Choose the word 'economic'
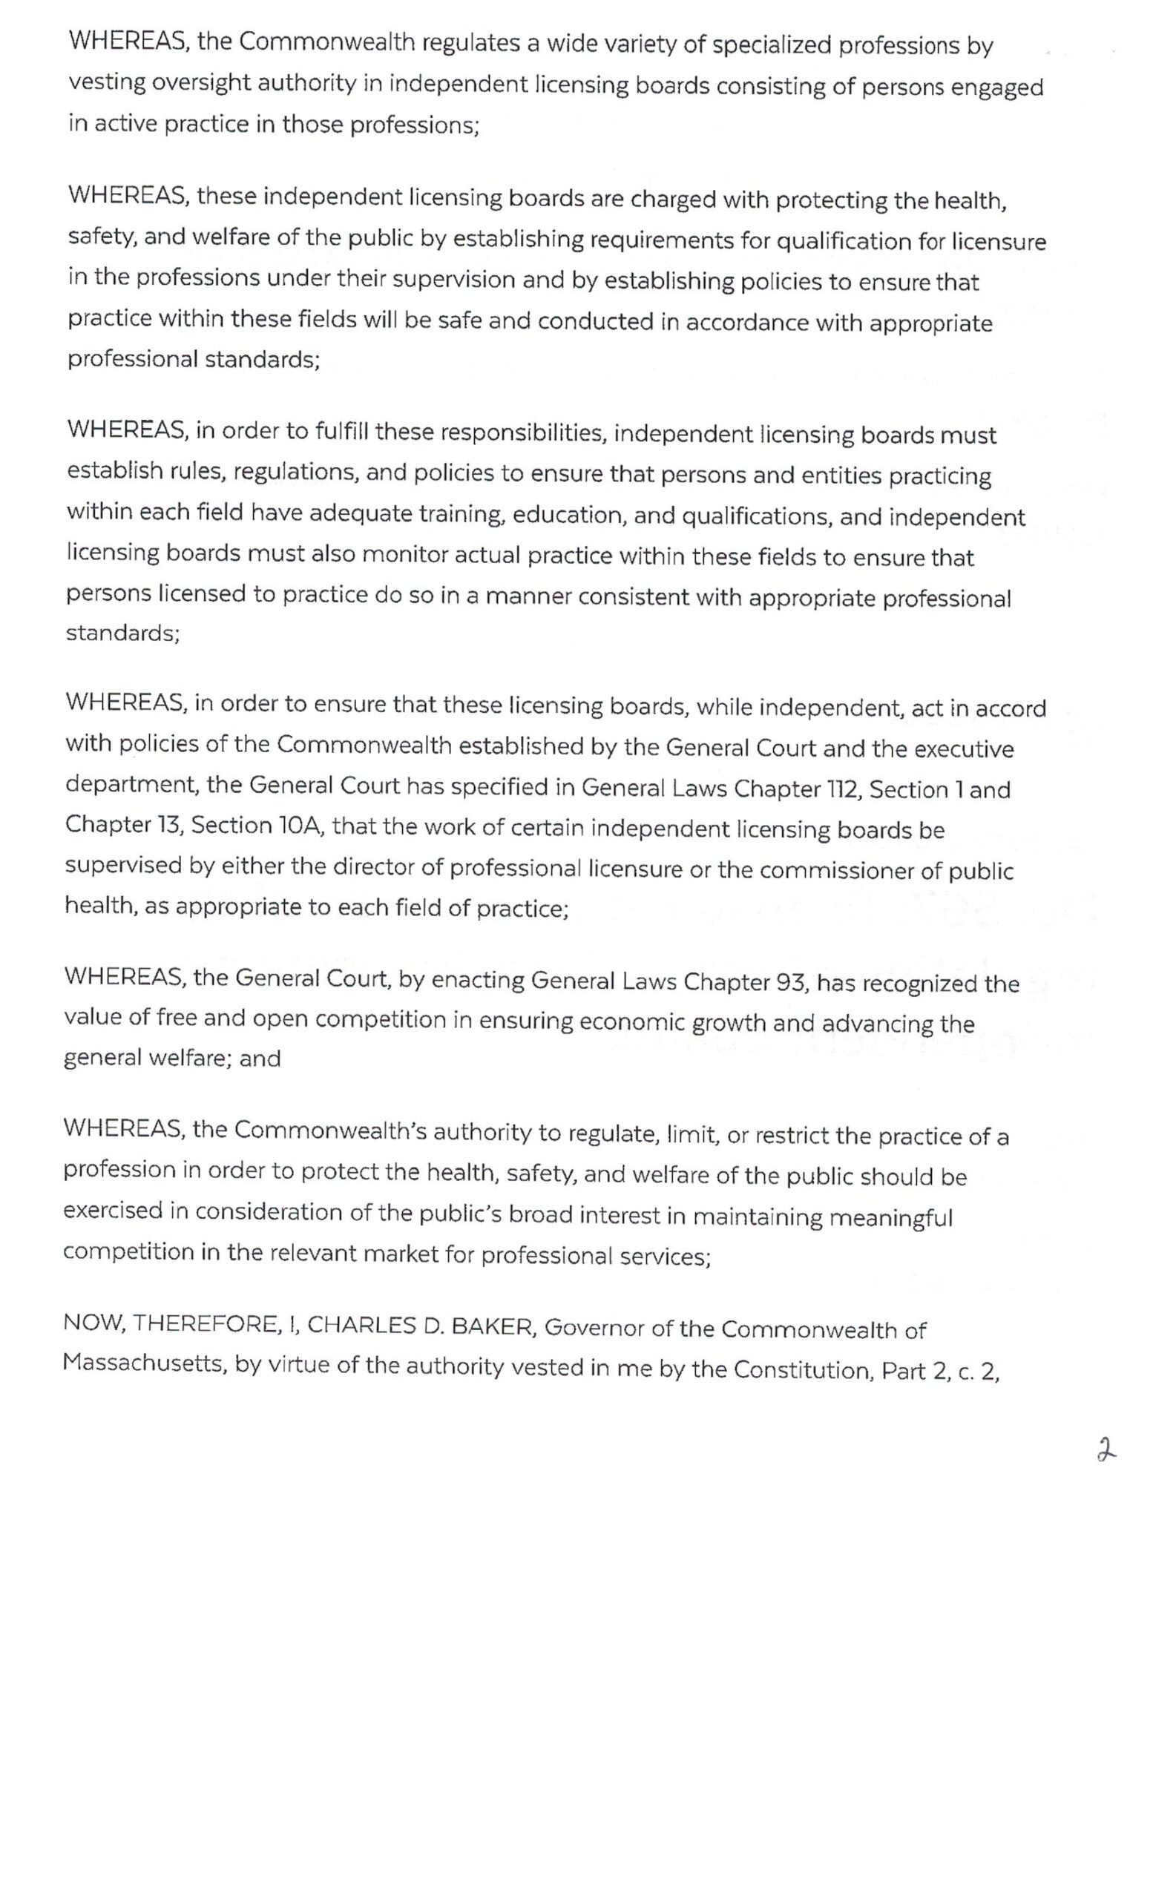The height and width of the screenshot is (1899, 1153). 628,1022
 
